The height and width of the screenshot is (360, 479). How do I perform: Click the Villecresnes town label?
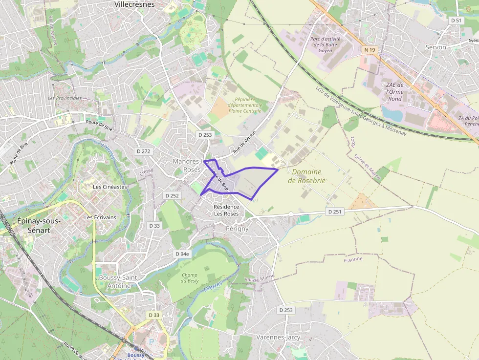134,4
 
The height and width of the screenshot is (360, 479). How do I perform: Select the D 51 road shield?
456,21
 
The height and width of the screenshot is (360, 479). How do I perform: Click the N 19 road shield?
370,50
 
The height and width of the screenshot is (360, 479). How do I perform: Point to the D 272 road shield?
144,151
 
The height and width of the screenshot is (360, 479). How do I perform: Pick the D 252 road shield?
172,195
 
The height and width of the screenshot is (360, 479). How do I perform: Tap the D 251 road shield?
334,212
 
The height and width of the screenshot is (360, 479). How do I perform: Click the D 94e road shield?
182,254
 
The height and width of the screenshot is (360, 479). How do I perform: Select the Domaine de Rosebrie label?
306,176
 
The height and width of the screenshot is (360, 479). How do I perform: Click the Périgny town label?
237,229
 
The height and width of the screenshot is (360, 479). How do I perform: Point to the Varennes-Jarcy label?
278,338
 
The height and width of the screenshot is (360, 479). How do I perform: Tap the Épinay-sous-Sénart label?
39,225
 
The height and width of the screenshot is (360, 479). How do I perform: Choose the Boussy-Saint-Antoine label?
119,282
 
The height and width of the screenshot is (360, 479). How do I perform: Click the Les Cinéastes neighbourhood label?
110,187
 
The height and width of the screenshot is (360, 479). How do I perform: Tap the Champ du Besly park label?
190,277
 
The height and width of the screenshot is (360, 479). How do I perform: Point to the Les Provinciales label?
65,98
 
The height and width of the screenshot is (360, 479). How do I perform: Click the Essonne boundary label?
353,259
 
